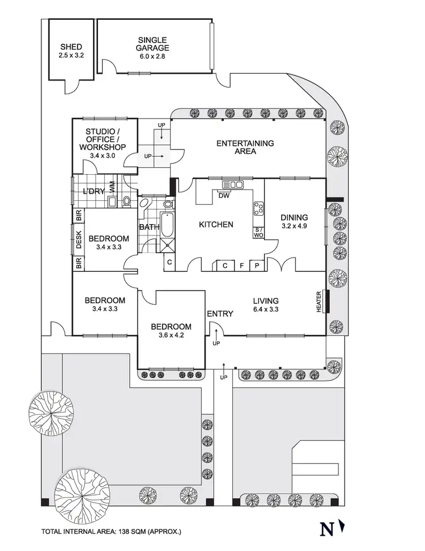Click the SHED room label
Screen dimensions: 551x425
click(x=70, y=52)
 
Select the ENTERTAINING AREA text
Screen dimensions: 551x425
click(x=245, y=148)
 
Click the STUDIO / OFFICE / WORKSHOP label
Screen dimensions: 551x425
click(x=104, y=144)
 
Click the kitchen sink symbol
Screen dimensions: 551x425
click(x=233, y=184)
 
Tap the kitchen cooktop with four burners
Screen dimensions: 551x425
click(x=258, y=209)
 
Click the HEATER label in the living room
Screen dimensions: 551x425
click(x=320, y=301)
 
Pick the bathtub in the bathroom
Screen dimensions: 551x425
click(x=168, y=225)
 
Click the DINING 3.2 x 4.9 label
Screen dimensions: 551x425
click(x=294, y=221)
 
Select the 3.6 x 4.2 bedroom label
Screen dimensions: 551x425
click(x=171, y=331)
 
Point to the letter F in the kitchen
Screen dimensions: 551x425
click(x=241, y=265)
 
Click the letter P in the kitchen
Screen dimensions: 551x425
click(x=256, y=265)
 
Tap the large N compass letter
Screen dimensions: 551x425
click(x=327, y=528)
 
